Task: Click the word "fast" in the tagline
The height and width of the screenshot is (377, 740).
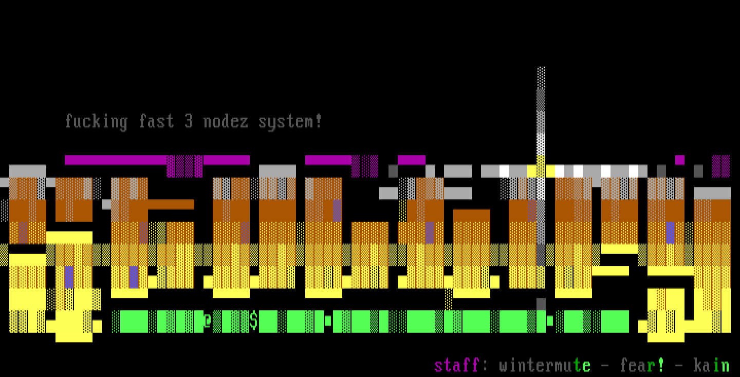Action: (x=156, y=122)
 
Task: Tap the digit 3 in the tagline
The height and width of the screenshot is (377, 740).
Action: (x=189, y=122)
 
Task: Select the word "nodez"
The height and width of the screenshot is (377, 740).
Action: (x=226, y=122)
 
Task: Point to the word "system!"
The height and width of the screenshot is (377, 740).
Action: (x=290, y=122)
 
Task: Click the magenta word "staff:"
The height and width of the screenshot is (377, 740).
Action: (x=457, y=365)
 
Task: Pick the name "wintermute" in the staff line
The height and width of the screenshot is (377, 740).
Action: (x=544, y=365)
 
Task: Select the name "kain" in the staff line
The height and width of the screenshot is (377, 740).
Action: (x=711, y=365)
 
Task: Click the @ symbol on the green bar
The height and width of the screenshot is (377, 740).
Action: (x=208, y=322)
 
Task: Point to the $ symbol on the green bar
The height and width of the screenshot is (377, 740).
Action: (x=253, y=322)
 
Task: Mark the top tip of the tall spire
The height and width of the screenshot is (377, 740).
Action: (x=541, y=69)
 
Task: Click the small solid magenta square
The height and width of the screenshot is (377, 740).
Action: (x=680, y=160)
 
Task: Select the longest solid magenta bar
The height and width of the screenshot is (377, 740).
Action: (x=116, y=160)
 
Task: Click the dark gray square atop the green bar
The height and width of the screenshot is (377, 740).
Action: (x=541, y=304)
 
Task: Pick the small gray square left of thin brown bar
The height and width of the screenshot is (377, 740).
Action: (x=106, y=204)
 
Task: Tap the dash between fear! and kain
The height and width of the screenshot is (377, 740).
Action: (x=679, y=365)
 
